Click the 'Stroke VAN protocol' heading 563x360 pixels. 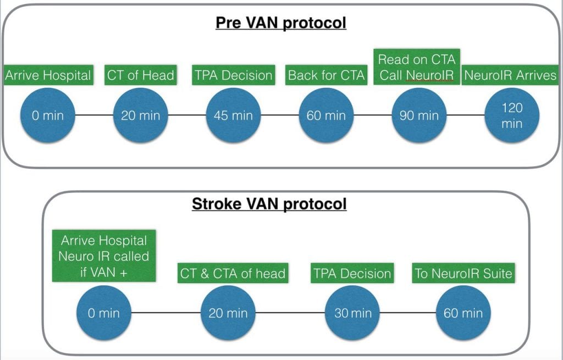pyautogui.click(x=269, y=204)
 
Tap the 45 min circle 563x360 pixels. pyautogui.click(x=233, y=115)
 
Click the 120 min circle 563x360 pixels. pyautogui.click(x=512, y=115)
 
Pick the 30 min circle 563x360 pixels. pyautogui.click(x=353, y=313)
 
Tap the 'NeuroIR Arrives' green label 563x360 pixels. pyautogui.click(x=511, y=75)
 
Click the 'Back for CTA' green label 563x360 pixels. pyautogui.click(x=327, y=75)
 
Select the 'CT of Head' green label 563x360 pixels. pyautogui.click(x=140, y=75)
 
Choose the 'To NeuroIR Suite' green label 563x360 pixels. pyautogui.click(x=464, y=274)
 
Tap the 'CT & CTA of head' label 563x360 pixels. pyautogui.click(x=233, y=274)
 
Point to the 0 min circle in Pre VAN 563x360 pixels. pyautogui.click(x=47, y=115)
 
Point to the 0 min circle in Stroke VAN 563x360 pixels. pyautogui.click(x=104, y=313)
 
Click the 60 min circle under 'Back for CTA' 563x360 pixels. pyautogui.click(x=327, y=115)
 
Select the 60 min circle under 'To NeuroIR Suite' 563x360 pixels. pyautogui.click(x=463, y=313)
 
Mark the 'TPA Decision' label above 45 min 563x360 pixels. pyautogui.click(x=233, y=75)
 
